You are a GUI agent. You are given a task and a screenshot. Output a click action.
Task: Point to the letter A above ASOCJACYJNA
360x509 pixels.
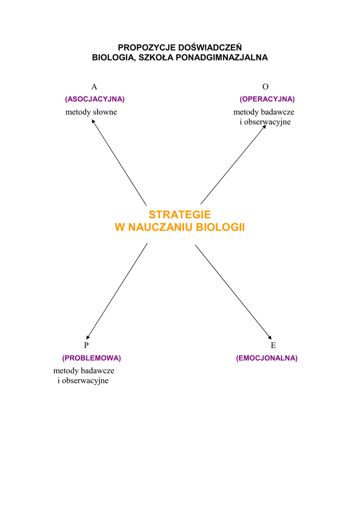[x=94, y=87]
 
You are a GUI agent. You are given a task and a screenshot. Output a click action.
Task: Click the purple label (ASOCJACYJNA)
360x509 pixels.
[x=94, y=99]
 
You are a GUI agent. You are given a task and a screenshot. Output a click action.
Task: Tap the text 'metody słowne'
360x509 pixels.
[x=91, y=112]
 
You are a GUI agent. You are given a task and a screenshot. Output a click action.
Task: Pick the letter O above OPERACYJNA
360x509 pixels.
[x=266, y=87]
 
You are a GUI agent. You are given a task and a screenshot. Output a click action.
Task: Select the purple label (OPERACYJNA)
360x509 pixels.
[x=267, y=99]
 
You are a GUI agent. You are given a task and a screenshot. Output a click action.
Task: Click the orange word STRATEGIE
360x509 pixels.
[x=180, y=215]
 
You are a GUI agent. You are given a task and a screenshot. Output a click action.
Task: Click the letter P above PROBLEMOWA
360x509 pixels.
[x=86, y=345]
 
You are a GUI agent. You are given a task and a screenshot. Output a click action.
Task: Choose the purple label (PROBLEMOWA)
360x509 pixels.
[x=91, y=358]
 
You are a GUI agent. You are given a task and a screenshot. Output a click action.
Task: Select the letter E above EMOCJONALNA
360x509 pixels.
[x=273, y=345]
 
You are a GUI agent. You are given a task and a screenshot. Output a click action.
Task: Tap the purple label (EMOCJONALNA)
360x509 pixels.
[x=267, y=358]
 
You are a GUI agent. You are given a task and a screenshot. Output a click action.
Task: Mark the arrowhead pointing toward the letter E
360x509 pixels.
[x=269, y=337]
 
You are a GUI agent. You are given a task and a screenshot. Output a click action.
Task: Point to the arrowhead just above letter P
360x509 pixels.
[x=88, y=337]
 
